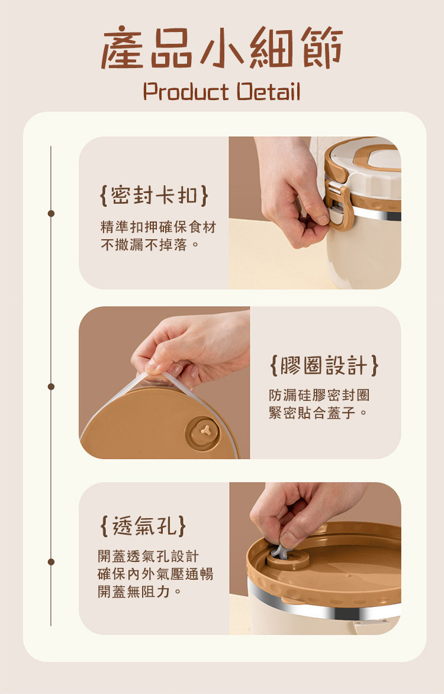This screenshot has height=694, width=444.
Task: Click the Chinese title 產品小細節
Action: [222, 48]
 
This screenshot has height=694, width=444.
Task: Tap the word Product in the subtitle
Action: [186, 92]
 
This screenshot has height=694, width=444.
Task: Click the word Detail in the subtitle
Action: [268, 91]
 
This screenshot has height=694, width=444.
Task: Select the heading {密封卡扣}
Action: [154, 195]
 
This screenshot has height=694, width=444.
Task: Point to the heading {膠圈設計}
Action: [324, 365]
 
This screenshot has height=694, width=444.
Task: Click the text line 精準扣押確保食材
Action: [159, 227]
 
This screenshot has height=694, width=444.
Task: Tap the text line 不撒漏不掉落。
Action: [150, 245]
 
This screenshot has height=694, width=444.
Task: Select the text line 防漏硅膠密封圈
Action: [318, 395]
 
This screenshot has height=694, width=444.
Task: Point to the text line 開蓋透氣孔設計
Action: [148, 556]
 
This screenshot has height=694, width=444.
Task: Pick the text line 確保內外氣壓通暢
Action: [155, 574]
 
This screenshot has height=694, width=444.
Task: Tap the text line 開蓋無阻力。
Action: [140, 592]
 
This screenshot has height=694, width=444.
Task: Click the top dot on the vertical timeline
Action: [51, 213]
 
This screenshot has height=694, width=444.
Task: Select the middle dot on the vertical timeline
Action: [51, 387]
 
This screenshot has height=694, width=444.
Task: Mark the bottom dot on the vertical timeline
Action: [51, 562]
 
